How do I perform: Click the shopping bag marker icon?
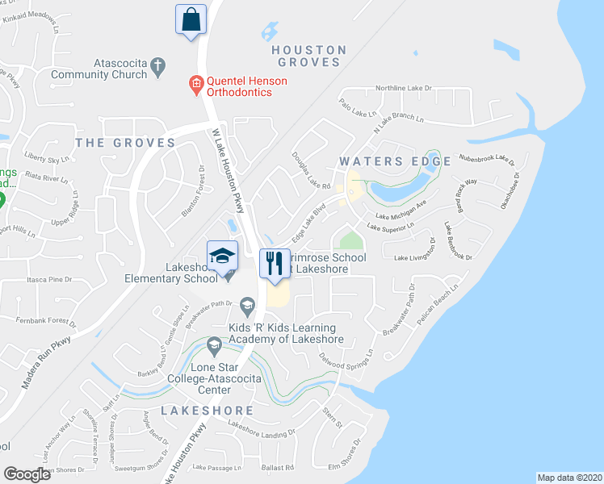click(x=191, y=19)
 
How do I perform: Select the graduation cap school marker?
click(x=223, y=257)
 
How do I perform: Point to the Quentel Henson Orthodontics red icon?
click(x=195, y=81)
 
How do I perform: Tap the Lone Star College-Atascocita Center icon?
click(x=214, y=347)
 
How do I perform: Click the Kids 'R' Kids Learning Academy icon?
click(x=247, y=304)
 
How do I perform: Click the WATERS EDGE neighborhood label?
click(x=395, y=161)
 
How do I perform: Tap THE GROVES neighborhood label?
click(x=125, y=143)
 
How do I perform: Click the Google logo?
click(x=27, y=474)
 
